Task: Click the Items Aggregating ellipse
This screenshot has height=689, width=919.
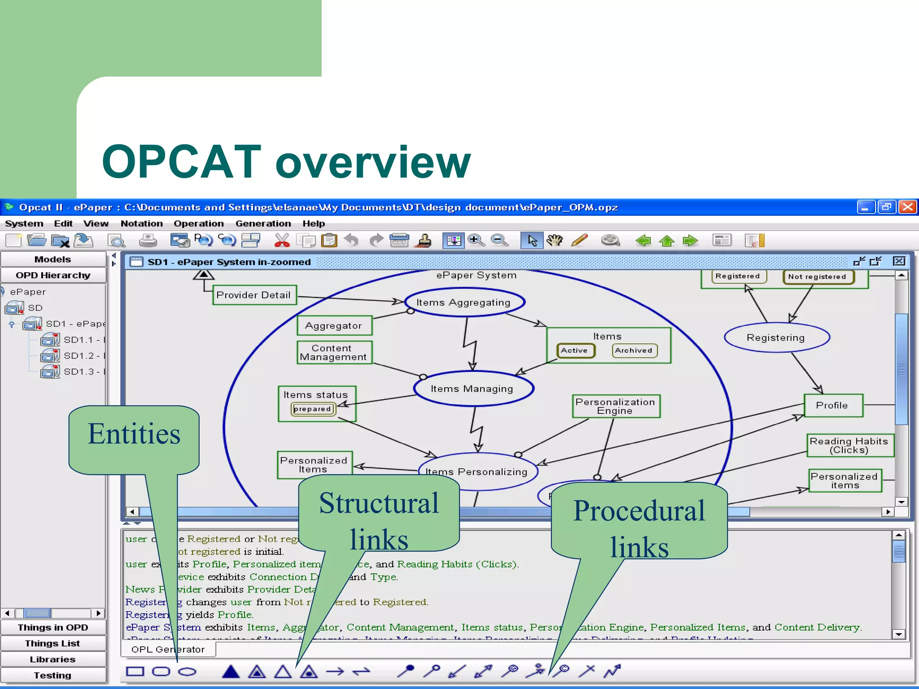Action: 464,302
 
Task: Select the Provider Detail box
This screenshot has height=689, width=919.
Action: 254,295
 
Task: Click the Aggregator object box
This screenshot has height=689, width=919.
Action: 333,326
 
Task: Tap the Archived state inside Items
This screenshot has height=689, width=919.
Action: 634,350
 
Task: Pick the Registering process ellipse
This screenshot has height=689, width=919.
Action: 776,338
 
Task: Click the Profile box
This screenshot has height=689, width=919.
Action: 832,406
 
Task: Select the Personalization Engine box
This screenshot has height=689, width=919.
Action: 615,406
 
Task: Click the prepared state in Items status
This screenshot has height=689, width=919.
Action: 312,409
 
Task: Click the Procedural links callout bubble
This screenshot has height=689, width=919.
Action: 639,520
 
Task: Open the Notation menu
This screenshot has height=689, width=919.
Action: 141,223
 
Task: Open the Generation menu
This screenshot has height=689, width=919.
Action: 263,223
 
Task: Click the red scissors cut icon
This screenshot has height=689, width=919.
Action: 282,240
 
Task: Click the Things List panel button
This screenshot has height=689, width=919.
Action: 53,643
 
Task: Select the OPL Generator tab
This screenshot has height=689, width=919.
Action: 168,649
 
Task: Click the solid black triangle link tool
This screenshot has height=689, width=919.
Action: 231,672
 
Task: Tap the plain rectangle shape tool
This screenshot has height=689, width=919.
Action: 135,672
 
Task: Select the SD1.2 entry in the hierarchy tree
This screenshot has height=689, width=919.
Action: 79,356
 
